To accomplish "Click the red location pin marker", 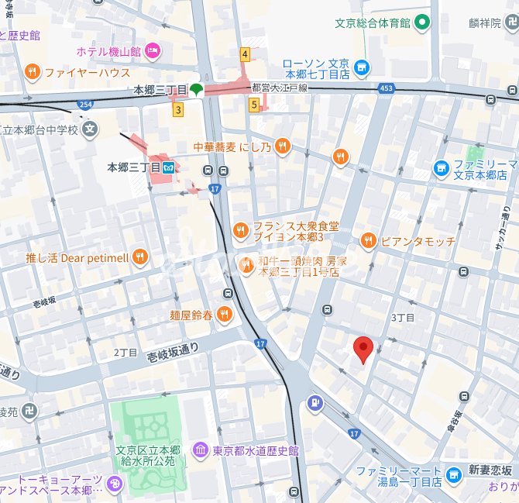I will pyautogui.click(x=363, y=349).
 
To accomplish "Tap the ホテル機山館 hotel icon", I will pyautogui.click(x=153, y=50).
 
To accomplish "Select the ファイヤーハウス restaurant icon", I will pyautogui.click(x=32, y=73).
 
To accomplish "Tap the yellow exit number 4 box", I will pyautogui.click(x=245, y=54).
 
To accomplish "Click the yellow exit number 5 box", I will pyautogui.click(x=253, y=104).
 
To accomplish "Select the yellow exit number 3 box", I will pyautogui.click(x=178, y=110).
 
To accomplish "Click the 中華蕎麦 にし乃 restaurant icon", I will pyautogui.click(x=283, y=145).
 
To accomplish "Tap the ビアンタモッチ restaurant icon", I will pyautogui.click(x=368, y=240).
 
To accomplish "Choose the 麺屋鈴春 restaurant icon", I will pyautogui.click(x=224, y=314).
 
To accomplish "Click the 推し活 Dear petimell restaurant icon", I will pyautogui.click(x=140, y=257).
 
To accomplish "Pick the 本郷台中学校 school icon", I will pyautogui.click(x=91, y=129).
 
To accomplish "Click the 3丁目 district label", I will pyautogui.click(x=403, y=318).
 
